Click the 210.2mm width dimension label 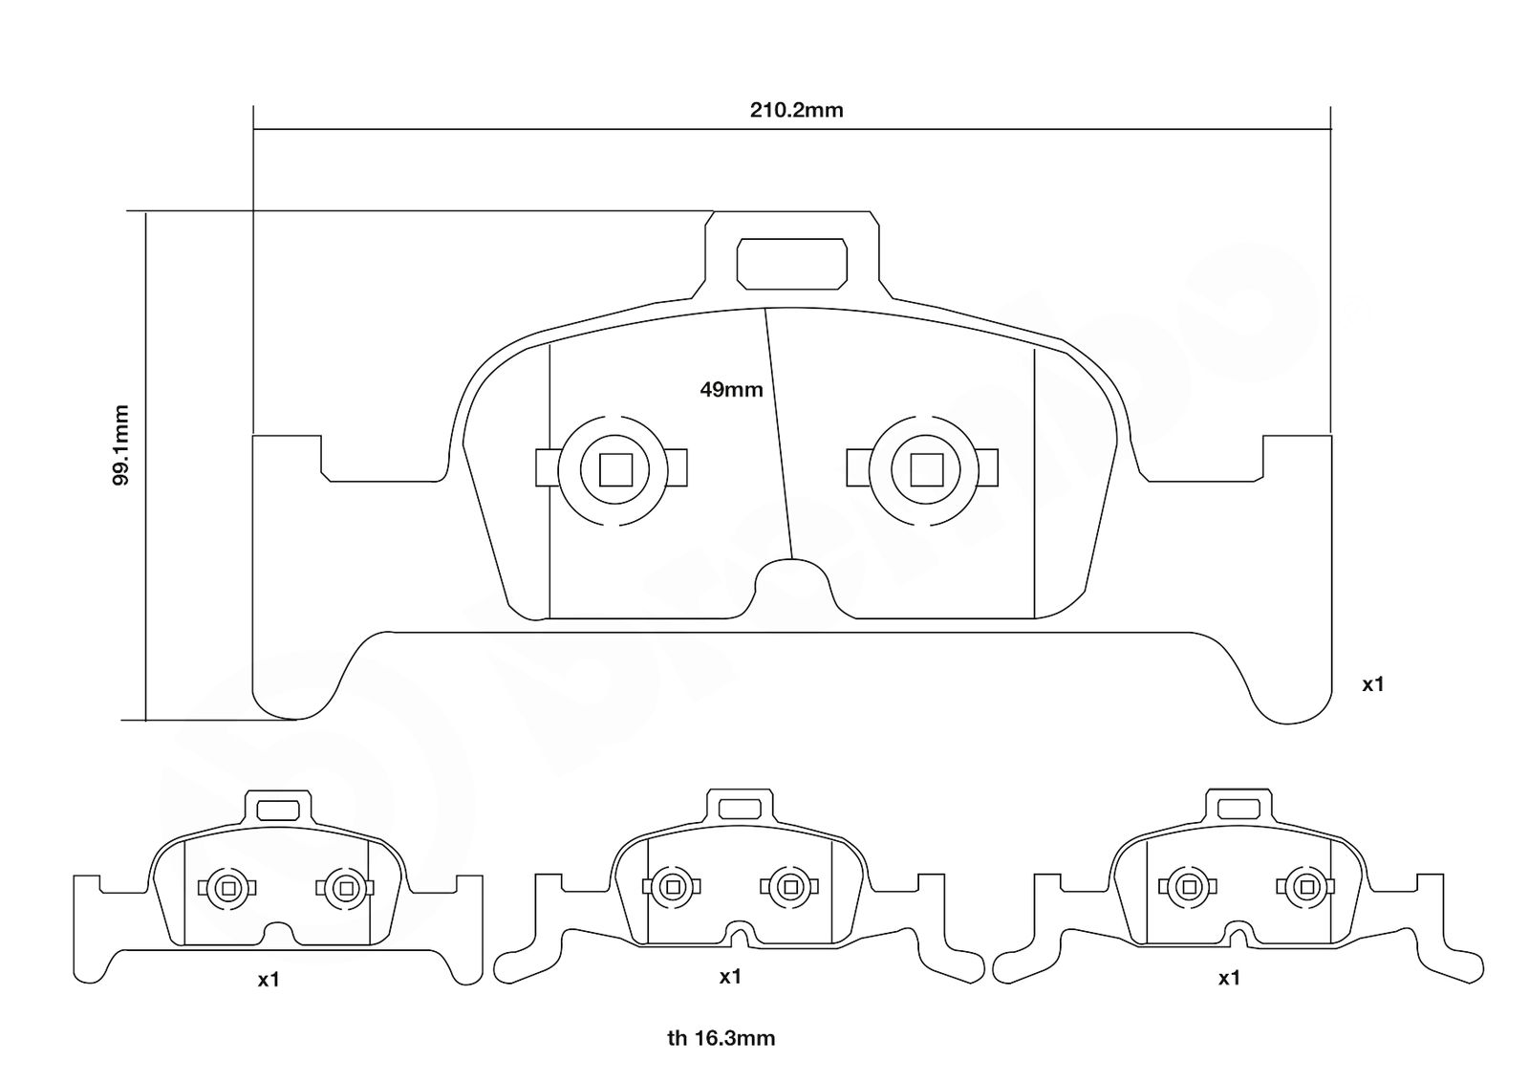tap(797, 111)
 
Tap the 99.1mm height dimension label tap(120, 445)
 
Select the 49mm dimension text tap(731, 390)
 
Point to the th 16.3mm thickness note tap(721, 1038)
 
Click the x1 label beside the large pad tap(1372, 684)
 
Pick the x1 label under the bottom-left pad tap(269, 980)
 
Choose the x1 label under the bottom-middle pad tap(730, 977)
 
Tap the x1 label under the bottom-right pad tap(1229, 978)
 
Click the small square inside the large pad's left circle tap(615, 469)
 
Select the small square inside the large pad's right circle tap(927, 469)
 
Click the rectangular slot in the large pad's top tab tap(792, 264)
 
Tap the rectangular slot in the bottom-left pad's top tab tap(278, 811)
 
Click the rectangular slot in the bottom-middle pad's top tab tap(740, 809)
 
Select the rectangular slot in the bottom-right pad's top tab tap(1238, 809)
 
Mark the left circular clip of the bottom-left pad tap(227, 888)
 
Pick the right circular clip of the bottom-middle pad tap(790, 887)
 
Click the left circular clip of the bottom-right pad tap(1189, 887)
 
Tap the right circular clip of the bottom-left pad tap(345, 888)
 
